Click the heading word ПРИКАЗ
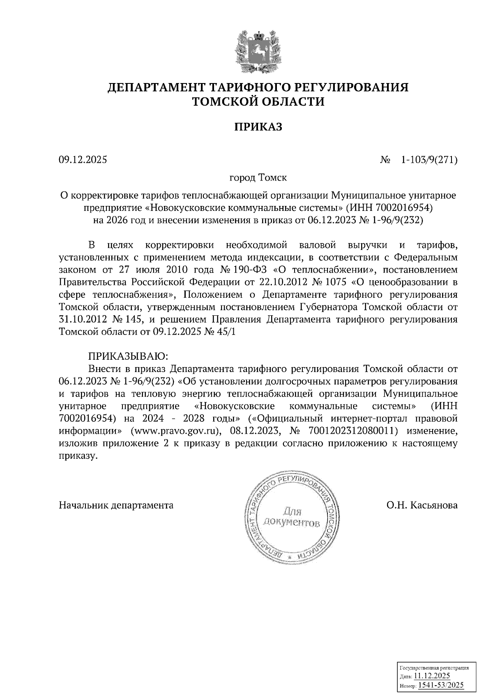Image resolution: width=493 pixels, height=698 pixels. pyautogui.click(x=258, y=127)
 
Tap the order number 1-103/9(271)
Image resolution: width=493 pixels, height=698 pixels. pyautogui.click(x=429, y=160)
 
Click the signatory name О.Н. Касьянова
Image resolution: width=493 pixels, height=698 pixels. pyautogui.click(x=422, y=505)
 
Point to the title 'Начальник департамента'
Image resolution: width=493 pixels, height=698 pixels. pyautogui.click(x=116, y=505)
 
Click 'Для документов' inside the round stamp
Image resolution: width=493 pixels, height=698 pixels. pyautogui.click(x=292, y=518)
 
